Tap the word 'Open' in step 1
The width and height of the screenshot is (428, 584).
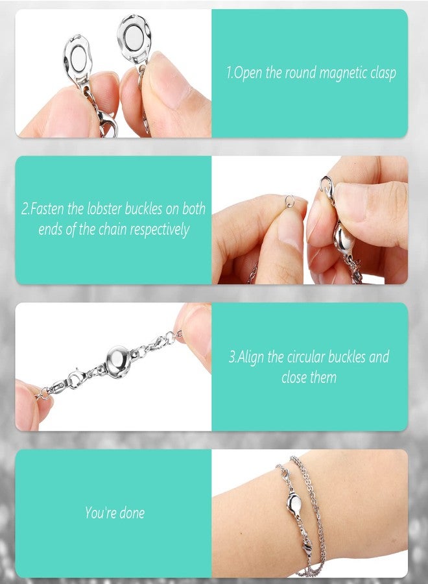coord(247,73)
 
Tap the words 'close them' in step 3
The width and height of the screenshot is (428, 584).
coord(309,377)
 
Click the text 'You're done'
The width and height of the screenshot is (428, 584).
coord(115,513)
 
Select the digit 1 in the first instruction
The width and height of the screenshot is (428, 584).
coord(229,73)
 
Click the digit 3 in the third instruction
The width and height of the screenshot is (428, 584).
coord(232,358)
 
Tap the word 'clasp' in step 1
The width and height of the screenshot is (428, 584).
coord(381,73)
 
